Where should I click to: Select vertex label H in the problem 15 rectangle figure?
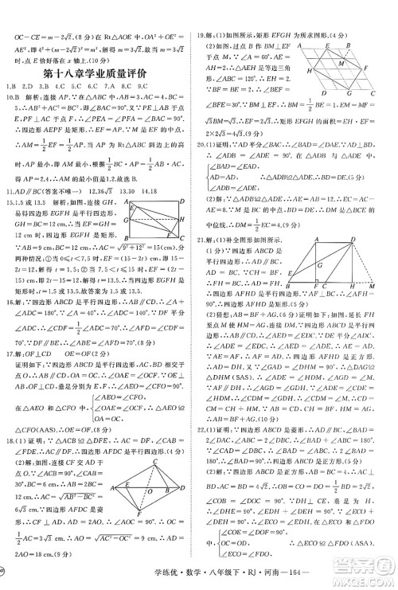pyautogui.click(x=183, y=219)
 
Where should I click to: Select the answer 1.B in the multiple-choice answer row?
pyautogui.click(x=10, y=85)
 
